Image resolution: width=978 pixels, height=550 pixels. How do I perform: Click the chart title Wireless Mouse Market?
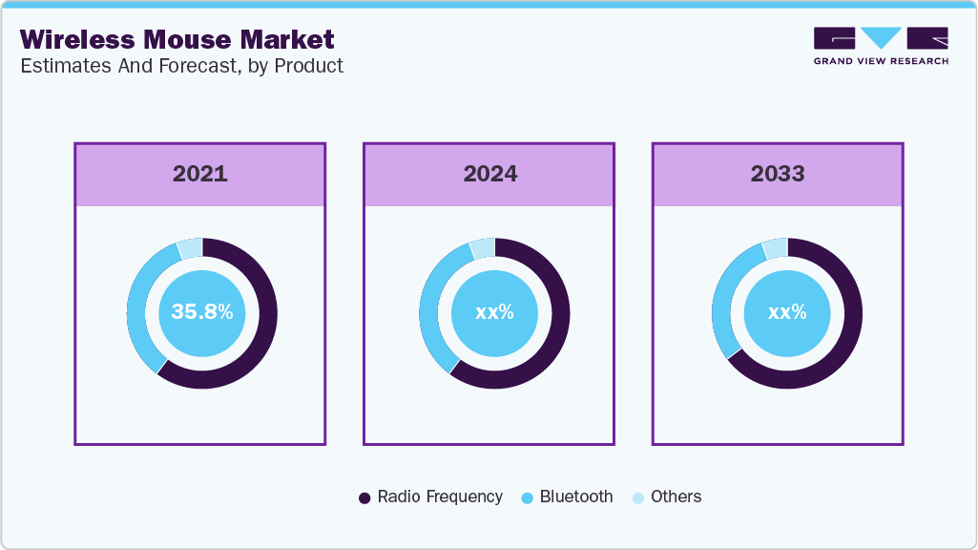pos(177,40)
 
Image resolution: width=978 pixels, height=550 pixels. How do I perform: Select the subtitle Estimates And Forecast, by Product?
pos(181,66)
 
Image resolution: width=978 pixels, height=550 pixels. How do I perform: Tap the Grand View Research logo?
pos(881,46)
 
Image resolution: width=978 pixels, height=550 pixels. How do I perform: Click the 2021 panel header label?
pos(199,174)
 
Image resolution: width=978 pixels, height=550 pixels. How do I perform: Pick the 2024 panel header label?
pos(490,174)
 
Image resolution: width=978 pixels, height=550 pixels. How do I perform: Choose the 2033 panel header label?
pos(778,174)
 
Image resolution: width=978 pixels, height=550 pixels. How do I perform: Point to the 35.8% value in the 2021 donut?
pos(201,311)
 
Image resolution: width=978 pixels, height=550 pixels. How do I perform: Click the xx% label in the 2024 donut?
pos(494,312)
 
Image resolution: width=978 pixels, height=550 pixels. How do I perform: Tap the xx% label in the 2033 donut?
pos(787,312)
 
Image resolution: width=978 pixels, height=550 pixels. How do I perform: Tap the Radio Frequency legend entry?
pos(430,497)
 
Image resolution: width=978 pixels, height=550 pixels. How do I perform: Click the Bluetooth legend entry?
pos(568,497)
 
